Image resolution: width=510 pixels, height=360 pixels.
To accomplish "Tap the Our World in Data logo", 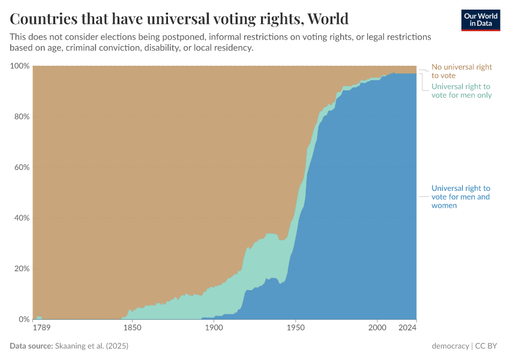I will (480, 20).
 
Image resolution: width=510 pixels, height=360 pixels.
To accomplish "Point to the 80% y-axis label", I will (22, 116).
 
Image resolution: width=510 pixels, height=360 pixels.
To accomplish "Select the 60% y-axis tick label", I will (22, 167).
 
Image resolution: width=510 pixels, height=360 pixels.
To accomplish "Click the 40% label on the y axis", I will (22, 218).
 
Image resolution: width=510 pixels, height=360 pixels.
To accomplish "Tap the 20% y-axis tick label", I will (22, 269).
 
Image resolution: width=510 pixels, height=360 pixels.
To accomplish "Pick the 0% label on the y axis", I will (23, 319).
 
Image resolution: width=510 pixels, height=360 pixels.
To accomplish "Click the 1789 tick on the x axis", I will (41, 328).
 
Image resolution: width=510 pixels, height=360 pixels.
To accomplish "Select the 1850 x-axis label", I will (132, 328).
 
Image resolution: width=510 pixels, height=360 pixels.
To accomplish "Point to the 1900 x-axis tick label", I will (214, 328).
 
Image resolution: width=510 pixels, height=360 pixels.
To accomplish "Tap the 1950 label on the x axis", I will (295, 328).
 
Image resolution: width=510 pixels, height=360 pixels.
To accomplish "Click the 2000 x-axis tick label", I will (377, 328).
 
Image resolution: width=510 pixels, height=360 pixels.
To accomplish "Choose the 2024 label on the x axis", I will (407, 328).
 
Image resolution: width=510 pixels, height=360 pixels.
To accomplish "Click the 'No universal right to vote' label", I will (461, 71).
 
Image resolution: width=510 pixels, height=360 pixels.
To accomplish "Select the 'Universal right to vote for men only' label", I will (461, 91).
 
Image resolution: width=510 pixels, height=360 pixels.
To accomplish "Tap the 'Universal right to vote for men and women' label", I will (461, 197).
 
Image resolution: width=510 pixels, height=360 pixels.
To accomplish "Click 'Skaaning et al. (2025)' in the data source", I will (92, 346).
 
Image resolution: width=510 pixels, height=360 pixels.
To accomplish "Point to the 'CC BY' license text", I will (487, 346).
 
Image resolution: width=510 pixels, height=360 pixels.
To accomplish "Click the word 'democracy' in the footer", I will (450, 346).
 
